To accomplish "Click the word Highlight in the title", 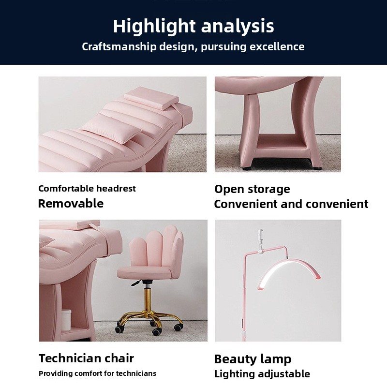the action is [154, 27].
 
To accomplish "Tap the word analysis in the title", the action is [238, 27].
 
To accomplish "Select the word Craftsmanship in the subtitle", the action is [119, 46].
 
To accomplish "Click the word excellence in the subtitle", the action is [277, 46].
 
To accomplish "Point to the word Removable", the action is [71, 204].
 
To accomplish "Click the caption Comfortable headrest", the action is [87, 189].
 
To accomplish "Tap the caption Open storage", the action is [252, 190].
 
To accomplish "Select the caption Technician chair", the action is [87, 358].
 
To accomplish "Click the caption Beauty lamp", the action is [253, 359].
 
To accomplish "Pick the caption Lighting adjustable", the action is [262, 374].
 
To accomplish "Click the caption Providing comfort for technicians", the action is [98, 373].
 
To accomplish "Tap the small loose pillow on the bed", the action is [112, 129].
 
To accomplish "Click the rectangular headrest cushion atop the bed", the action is [151, 98].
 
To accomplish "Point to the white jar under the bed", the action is [66, 320].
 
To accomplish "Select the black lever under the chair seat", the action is [136, 283].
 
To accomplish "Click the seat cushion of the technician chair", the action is [144, 273].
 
